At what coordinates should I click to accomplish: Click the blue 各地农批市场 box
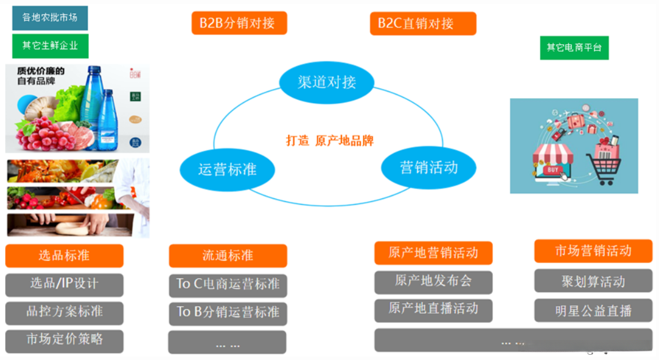pos(50,18)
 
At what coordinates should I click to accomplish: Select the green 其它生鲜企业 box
pos(50,45)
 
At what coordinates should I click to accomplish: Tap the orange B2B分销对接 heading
pos(239,23)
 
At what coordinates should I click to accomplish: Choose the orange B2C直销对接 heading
pos(423,24)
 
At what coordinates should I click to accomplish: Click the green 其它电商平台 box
pos(574,48)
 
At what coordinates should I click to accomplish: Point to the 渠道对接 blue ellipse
pos(327,82)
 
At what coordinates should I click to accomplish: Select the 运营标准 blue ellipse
pos(227,170)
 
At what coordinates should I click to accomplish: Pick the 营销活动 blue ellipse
pos(429,167)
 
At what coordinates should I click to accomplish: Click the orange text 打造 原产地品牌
pos(329,140)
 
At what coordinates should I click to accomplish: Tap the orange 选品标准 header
pos(64,256)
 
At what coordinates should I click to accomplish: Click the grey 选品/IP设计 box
pos(64,284)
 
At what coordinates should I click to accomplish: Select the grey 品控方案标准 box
pos(64,312)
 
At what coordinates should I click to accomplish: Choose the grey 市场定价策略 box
pos(64,340)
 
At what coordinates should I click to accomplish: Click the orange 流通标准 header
pos(227,256)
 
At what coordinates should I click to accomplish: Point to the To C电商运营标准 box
pos(227,284)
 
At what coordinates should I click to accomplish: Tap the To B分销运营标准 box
pos(227,312)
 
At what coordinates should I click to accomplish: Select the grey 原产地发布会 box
pos(433,281)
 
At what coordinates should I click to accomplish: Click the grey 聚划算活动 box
pos(593,281)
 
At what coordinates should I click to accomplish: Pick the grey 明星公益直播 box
pos(593,311)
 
